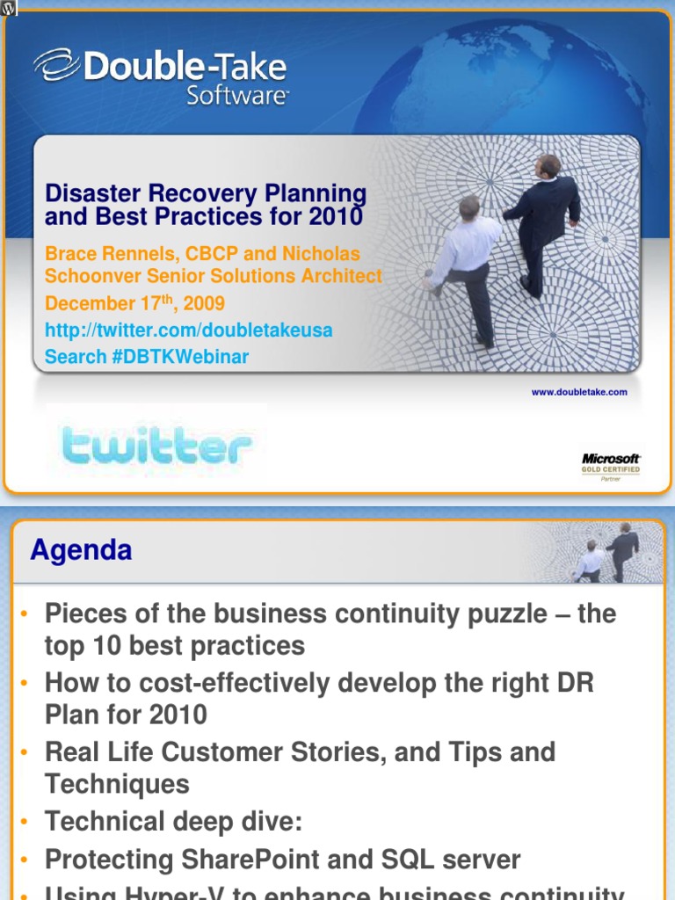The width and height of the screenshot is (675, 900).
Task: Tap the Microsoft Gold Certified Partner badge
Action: tap(611, 467)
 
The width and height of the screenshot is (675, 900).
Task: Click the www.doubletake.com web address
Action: tap(579, 392)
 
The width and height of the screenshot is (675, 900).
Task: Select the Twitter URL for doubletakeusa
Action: tap(189, 330)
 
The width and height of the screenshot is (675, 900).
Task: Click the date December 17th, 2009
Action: tap(134, 304)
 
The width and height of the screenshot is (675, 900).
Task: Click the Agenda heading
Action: tap(81, 551)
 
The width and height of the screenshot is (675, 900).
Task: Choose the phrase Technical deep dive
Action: tap(173, 822)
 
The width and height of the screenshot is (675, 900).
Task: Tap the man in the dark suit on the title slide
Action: tap(543, 220)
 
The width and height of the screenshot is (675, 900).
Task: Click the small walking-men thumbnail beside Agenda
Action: tap(606, 552)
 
